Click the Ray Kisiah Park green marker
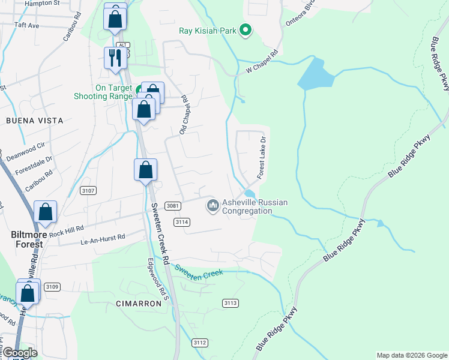click(x=245, y=29)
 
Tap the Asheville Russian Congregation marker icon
click(x=212, y=206)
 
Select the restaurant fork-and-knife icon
click(x=115, y=58)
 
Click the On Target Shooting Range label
click(x=103, y=92)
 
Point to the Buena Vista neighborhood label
click(x=34, y=121)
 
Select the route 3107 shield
click(x=87, y=190)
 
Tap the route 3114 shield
click(x=182, y=222)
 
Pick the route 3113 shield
click(x=231, y=302)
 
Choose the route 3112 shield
click(x=200, y=343)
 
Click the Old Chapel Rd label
click(x=184, y=113)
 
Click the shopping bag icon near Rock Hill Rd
click(x=45, y=212)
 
